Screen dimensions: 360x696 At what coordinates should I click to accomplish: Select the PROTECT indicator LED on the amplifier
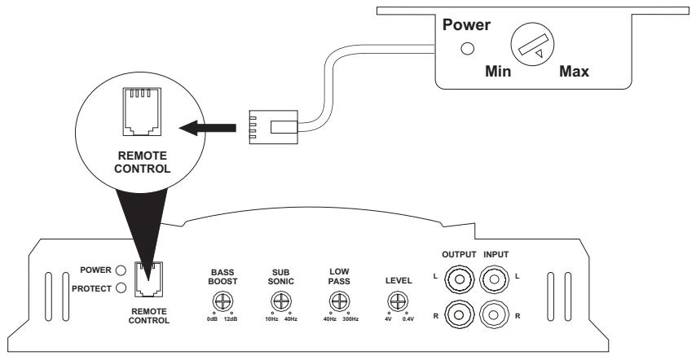[120, 287]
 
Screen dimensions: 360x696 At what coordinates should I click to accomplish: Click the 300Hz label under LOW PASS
[350, 318]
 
